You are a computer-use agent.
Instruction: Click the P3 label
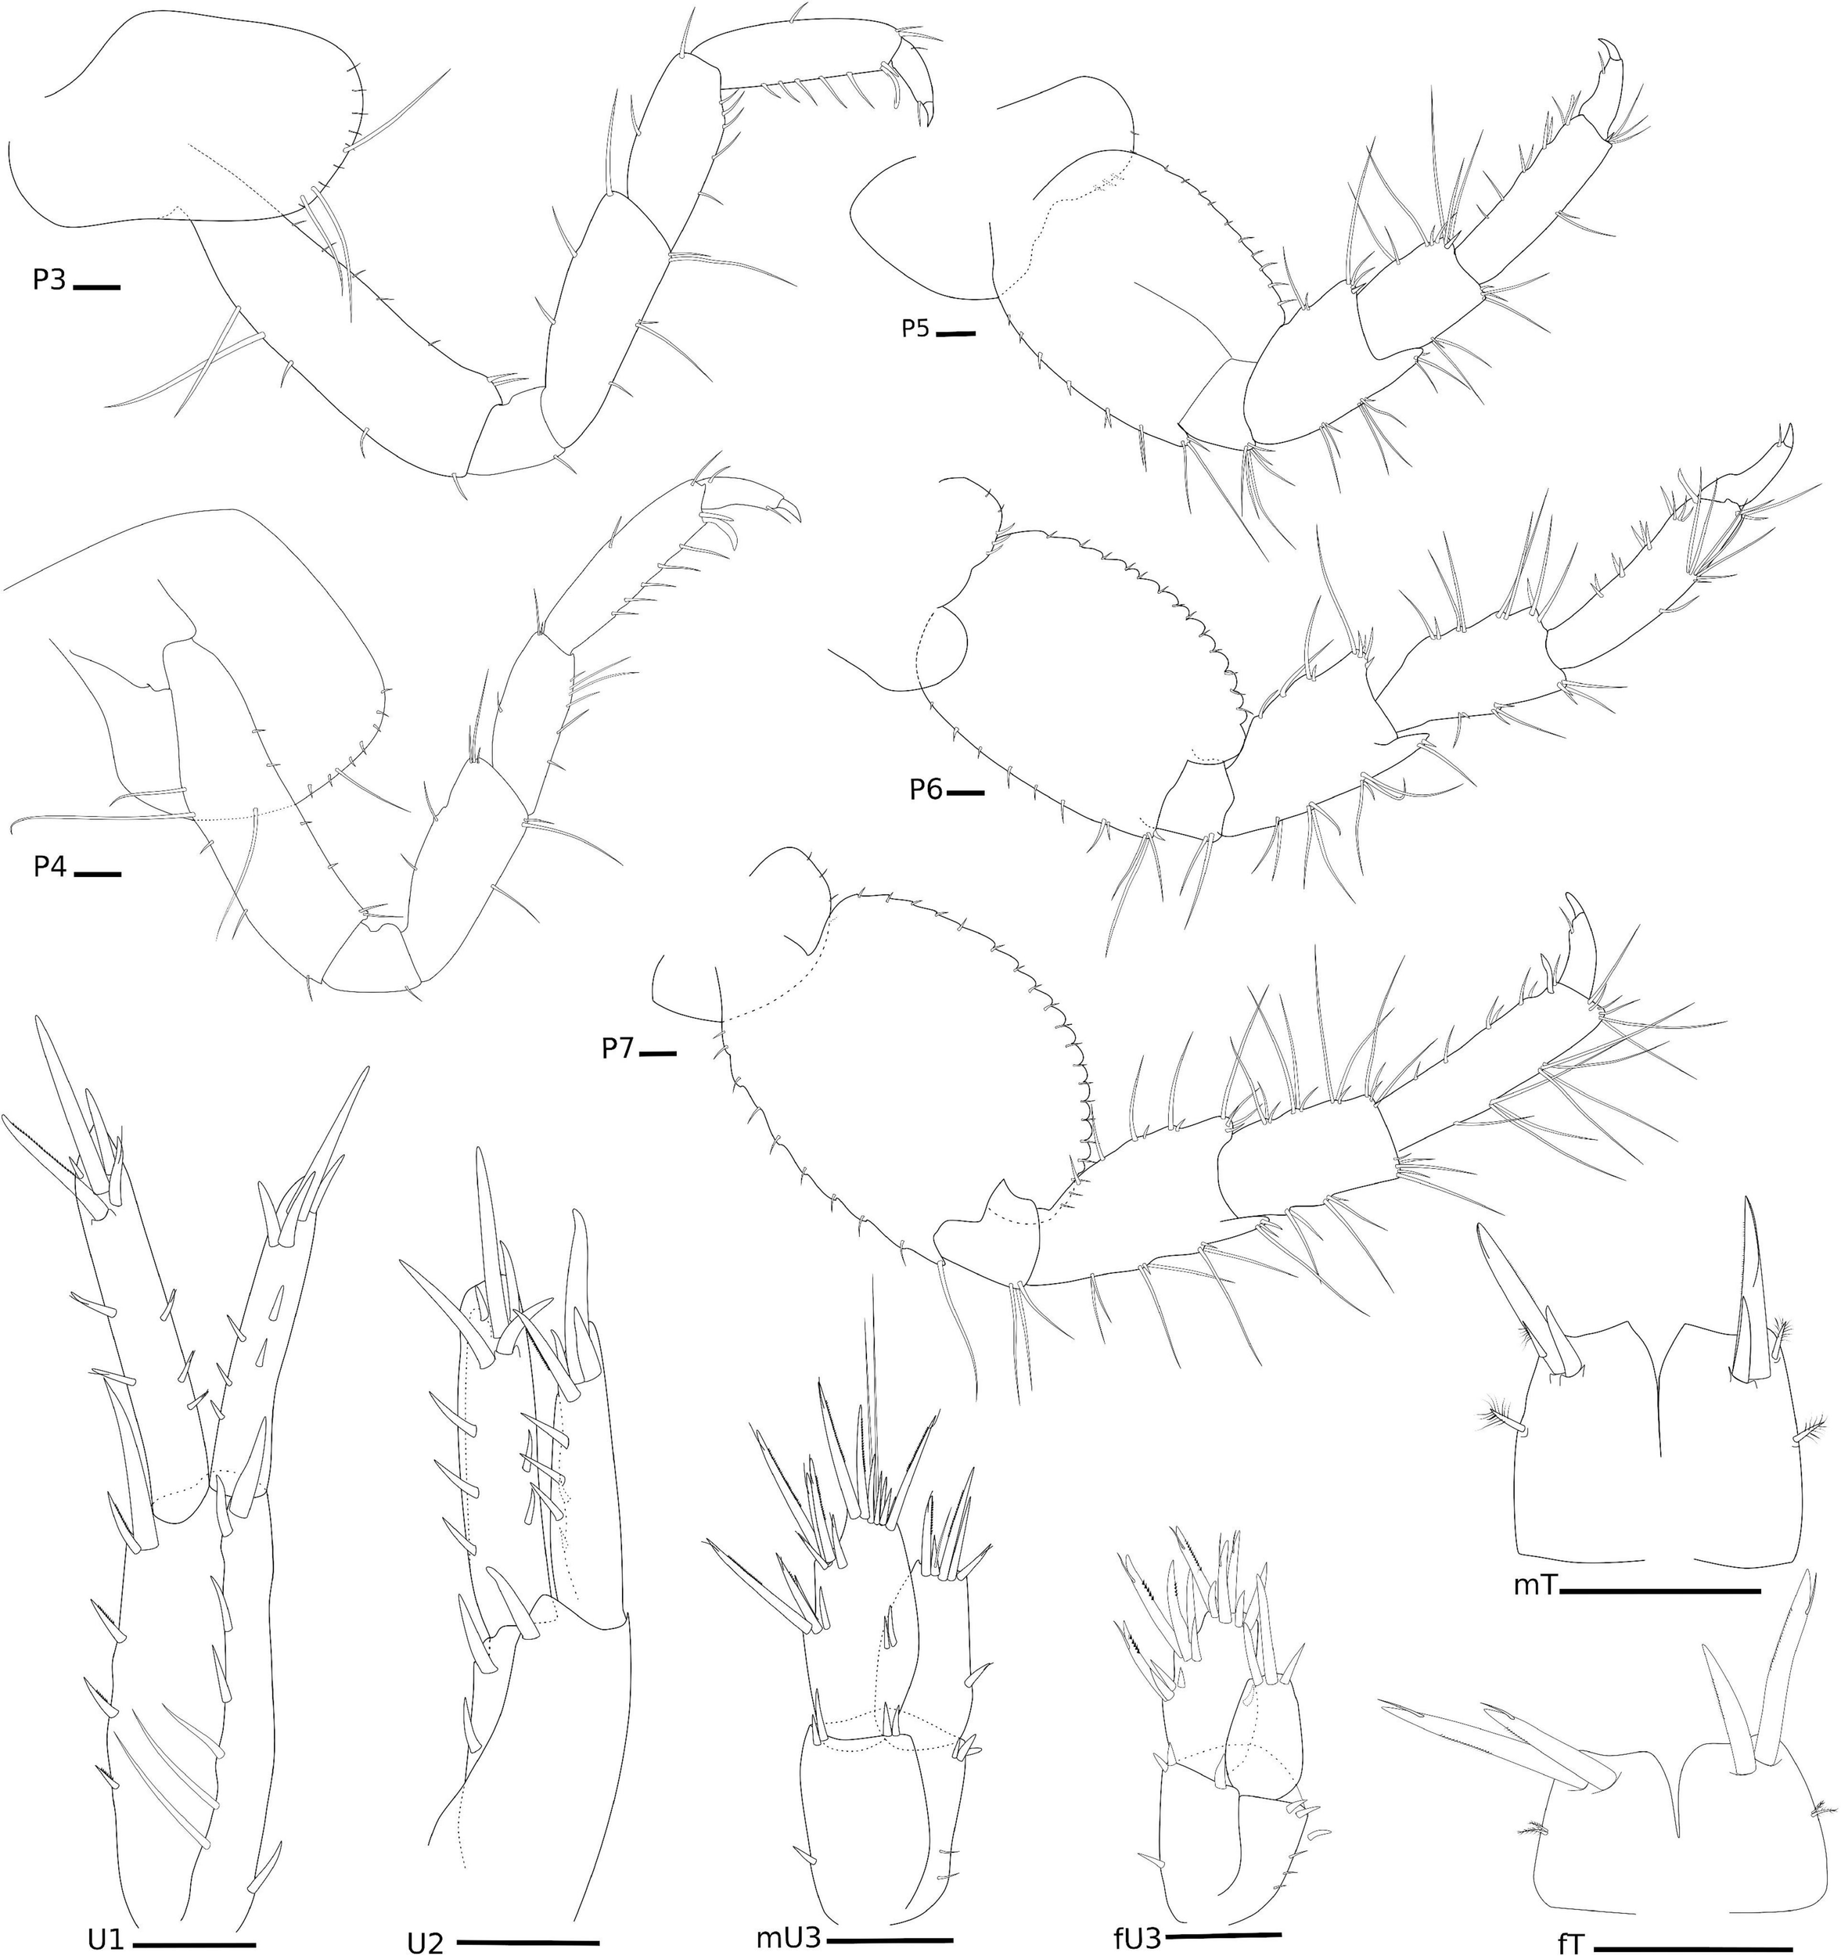(49, 280)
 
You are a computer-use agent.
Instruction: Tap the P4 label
(49, 867)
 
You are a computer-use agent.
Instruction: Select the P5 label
(916, 329)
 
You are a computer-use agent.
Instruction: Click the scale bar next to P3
(96, 287)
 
